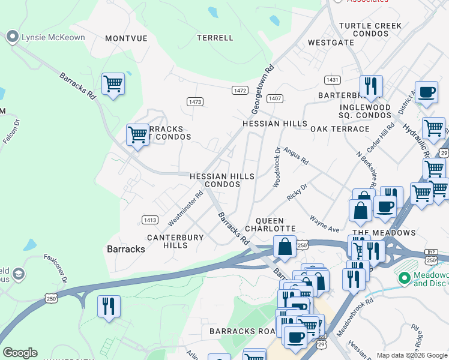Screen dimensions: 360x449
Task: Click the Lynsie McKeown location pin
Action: tap(12, 37)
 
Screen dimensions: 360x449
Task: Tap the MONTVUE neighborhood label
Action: tap(126, 38)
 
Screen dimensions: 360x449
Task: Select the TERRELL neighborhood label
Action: tap(215, 38)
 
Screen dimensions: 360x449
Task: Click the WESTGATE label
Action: tap(331, 43)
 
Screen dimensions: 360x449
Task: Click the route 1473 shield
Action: tap(194, 102)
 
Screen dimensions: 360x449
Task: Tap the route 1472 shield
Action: tap(240, 90)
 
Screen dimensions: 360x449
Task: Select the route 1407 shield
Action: tap(275, 98)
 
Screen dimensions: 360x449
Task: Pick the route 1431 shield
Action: tap(332, 80)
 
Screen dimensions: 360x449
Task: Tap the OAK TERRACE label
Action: tap(340, 129)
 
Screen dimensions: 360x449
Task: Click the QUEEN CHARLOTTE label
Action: tap(276, 224)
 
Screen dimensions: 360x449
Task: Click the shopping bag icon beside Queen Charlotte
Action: tap(284, 247)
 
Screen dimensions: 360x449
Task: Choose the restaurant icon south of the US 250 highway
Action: tap(109, 305)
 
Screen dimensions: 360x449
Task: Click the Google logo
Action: tap(20, 353)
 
